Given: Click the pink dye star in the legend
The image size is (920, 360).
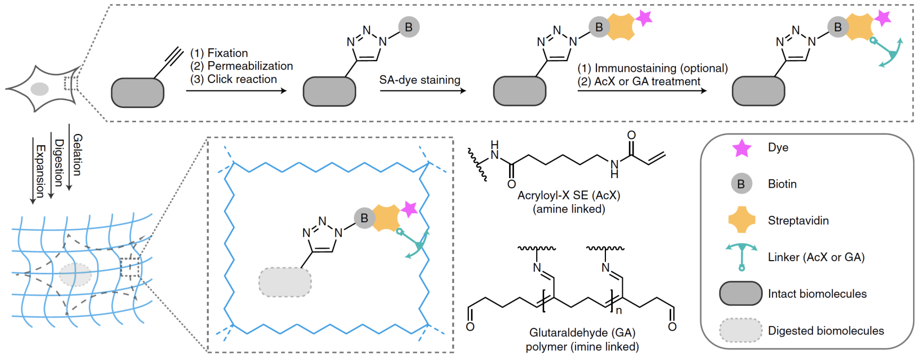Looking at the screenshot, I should pos(742,148).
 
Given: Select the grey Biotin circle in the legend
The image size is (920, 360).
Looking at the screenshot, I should pos(741,184).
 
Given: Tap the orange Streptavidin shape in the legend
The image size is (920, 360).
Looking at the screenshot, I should pos(741,220).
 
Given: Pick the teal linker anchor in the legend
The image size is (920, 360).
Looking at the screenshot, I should pos(741,256).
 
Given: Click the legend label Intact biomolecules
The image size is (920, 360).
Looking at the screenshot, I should pos(817,294).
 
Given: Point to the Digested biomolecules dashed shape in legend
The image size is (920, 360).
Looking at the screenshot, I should pos(741,330).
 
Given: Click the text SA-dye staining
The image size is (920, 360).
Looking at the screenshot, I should pos(419,80).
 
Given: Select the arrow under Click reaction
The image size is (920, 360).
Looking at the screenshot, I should pos(236,91).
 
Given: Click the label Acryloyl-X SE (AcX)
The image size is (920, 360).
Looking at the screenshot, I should pos(569,195).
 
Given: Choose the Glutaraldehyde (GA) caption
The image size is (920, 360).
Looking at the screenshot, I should pos(582,332).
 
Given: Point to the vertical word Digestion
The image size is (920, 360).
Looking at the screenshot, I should pos(59,163).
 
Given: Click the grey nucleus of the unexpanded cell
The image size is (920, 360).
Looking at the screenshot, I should pos(39,89).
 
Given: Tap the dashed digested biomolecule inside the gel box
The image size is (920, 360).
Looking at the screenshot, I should pos(285,282).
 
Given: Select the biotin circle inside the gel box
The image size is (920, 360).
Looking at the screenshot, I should pos(364,218).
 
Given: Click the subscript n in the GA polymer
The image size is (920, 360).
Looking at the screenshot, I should pos(619,309).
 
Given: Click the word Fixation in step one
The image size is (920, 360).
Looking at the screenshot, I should pos(227,53).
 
